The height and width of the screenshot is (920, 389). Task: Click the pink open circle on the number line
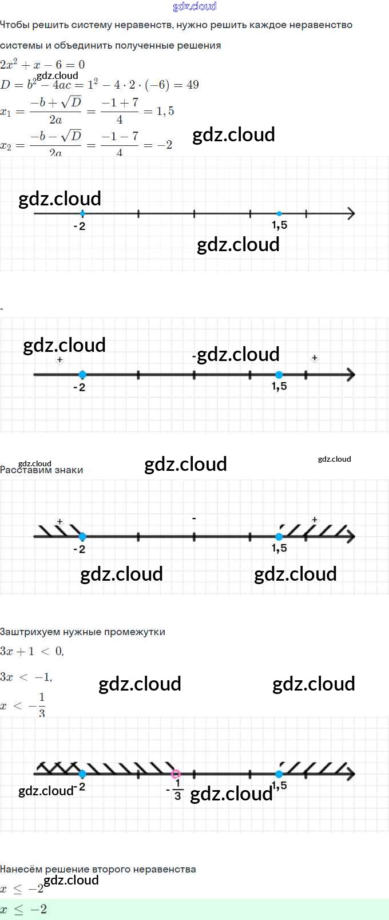176,774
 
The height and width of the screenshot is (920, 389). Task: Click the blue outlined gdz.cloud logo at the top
194,6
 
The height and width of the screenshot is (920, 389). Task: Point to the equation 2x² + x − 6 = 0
42,65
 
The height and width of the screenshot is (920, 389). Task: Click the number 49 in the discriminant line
193,85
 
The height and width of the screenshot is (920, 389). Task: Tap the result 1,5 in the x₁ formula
165,111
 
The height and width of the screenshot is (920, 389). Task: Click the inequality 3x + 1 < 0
32,651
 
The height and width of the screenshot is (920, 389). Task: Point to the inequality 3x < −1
26,677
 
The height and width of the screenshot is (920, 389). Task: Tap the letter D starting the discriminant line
5,85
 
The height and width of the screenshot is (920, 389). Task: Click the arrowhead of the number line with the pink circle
351,774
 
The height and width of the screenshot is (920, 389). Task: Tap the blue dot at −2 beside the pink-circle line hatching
82,774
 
